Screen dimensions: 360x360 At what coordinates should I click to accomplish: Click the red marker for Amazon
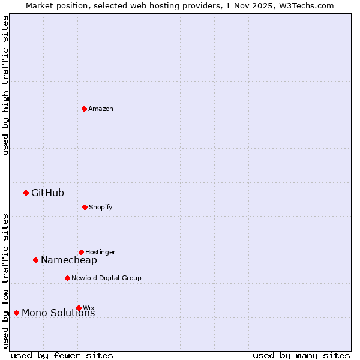click(84, 109)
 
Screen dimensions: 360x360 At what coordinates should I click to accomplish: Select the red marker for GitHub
click(26, 193)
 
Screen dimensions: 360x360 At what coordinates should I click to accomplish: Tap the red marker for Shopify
click(85, 207)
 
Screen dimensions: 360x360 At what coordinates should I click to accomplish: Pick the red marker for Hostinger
click(81, 252)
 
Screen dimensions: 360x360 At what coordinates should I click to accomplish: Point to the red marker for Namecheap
click(35, 260)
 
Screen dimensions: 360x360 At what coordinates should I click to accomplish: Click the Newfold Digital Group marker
click(67, 278)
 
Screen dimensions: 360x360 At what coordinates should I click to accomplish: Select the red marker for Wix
click(79, 308)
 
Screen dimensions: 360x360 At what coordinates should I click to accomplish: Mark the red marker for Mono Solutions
click(16, 313)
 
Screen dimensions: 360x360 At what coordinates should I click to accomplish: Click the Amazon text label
click(101, 109)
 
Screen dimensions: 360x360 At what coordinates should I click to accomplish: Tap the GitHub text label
click(47, 193)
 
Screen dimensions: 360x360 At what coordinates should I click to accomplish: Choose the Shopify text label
click(101, 207)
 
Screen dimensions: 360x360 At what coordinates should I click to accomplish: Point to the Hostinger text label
click(100, 252)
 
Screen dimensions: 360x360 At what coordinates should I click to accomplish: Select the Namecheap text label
click(69, 260)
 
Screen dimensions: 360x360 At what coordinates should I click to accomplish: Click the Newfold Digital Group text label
click(106, 278)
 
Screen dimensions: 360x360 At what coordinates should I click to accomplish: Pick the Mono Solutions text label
click(58, 313)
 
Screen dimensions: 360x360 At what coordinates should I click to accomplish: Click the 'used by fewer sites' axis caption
click(62, 355)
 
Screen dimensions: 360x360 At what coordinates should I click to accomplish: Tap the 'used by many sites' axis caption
click(301, 355)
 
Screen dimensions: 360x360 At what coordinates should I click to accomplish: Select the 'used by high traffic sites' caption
click(5, 85)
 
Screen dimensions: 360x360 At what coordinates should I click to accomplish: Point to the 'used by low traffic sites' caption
click(5, 281)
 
